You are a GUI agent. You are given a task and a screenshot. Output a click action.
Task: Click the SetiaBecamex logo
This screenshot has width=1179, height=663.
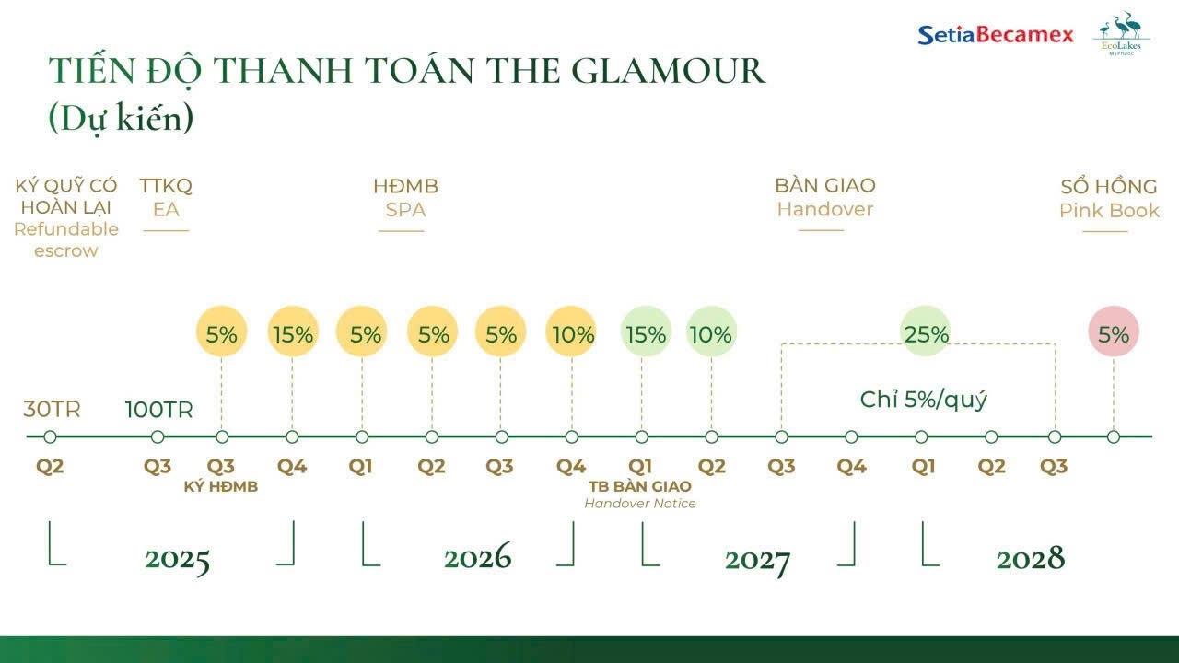coord(996,35)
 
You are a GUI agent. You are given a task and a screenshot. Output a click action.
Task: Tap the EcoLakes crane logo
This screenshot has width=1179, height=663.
coord(1122,32)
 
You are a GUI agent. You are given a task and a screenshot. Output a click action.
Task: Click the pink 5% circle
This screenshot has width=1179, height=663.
coord(1114,332)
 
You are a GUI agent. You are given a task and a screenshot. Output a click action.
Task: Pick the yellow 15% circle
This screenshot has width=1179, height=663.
coord(293,332)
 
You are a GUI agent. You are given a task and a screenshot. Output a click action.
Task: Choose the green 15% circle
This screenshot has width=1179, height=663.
coord(646,332)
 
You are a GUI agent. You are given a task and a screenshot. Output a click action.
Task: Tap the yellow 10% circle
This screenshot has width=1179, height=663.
coord(572,332)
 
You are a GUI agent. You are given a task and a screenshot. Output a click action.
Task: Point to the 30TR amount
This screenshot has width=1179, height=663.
coord(52,410)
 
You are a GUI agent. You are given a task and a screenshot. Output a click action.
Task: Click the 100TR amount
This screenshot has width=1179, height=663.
coord(158,410)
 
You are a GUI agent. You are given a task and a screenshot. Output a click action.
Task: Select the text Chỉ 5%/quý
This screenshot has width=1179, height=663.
coord(923,400)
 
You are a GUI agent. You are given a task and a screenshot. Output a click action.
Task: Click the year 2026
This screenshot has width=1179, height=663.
coord(477,557)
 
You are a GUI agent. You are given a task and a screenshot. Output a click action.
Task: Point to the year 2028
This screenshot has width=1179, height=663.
coord(1030,558)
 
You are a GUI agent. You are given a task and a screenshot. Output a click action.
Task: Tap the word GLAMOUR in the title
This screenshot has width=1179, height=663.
coord(669,71)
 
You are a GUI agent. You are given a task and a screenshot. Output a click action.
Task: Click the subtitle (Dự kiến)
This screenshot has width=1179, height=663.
coord(121,119)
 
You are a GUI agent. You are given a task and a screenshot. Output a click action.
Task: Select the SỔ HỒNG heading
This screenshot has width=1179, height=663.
coord(1109,186)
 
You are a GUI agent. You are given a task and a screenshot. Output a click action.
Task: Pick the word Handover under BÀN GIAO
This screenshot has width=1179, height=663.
coord(824,209)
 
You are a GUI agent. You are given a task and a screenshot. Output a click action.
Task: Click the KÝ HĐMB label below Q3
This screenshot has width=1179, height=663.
coord(221,486)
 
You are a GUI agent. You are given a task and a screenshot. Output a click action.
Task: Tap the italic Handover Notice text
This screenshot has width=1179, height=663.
coord(640,504)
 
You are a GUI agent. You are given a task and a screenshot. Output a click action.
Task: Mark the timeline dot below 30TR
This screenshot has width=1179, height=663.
coord(50,436)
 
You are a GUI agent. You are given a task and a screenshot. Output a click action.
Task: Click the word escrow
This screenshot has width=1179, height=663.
coord(65,251)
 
